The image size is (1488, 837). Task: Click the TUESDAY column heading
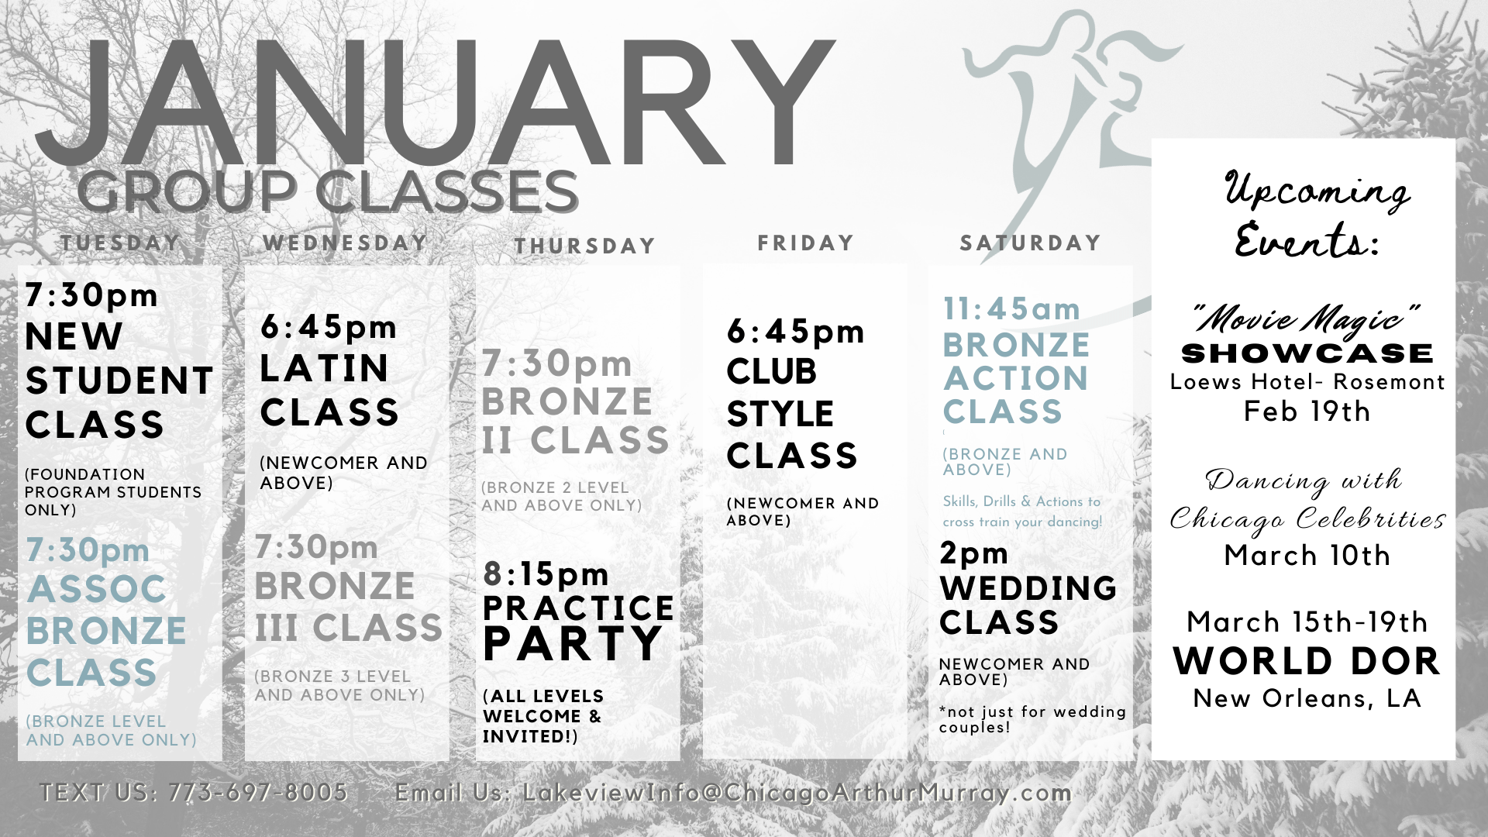120,243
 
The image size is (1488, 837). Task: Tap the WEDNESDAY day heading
345,243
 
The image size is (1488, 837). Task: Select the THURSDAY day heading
585,246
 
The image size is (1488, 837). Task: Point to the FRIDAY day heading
805,243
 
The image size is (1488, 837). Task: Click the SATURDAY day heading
1030,243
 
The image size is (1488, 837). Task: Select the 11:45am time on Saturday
1011,309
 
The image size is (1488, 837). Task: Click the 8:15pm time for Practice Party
546,574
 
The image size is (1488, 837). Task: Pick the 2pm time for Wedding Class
974,553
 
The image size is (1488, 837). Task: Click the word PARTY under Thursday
573,643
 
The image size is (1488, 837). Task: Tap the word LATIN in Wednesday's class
324,368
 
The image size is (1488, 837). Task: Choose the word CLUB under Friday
771,372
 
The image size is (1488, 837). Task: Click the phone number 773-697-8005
258,792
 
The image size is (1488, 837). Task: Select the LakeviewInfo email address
797,792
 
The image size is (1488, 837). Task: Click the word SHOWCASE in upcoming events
1307,353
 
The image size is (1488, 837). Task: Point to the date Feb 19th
1307,411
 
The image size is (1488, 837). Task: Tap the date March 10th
1307,555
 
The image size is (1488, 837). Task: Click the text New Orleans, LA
1307,698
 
